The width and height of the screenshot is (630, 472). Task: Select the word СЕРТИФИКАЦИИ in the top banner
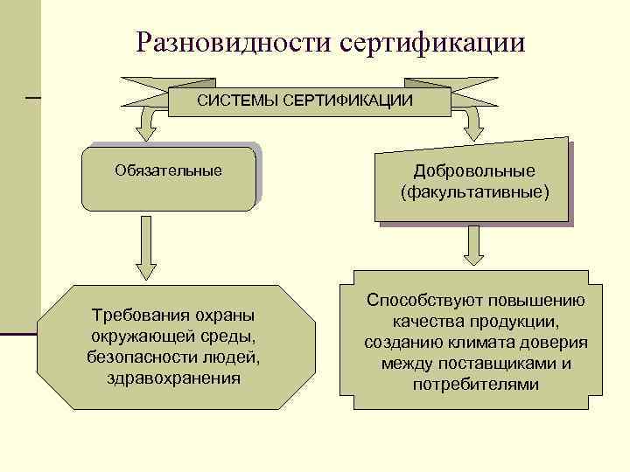pos(347,101)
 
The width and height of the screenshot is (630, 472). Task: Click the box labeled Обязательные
pos(168,178)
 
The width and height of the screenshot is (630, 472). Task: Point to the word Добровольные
pos(475,170)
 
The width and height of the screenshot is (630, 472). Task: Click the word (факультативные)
pos(475,191)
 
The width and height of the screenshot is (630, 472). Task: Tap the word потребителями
pos(475,384)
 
